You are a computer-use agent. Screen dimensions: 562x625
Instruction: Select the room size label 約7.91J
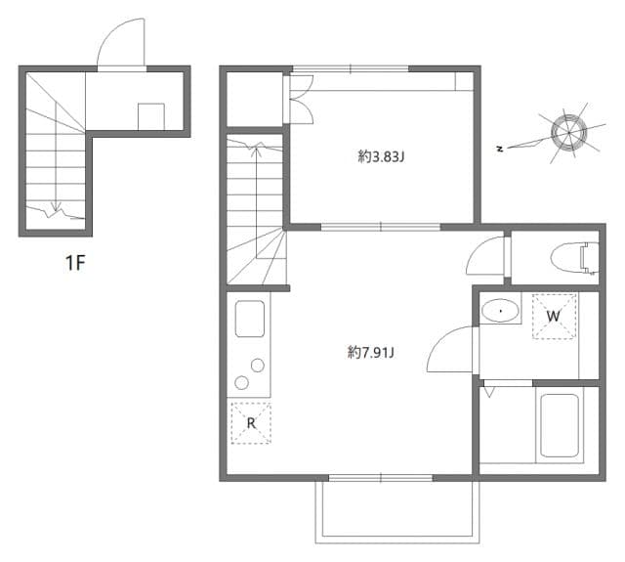pyautogui.click(x=370, y=352)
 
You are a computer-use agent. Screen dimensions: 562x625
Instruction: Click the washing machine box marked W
pyautogui.click(x=553, y=316)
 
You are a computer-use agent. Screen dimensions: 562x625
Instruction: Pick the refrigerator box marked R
pyautogui.click(x=251, y=422)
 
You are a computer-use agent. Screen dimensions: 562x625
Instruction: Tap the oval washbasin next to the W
pyautogui.click(x=501, y=311)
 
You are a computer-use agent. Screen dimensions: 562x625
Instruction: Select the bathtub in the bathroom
pyautogui.click(x=561, y=425)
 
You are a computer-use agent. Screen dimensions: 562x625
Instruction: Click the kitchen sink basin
pyautogui.click(x=250, y=319)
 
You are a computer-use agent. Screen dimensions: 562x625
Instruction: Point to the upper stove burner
pyautogui.click(x=258, y=366)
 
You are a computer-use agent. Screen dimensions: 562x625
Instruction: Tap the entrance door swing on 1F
pyautogui.click(x=123, y=44)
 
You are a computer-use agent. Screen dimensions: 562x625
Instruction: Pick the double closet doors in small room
pyautogui.click(x=299, y=99)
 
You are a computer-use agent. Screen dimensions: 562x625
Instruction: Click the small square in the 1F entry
pyautogui.click(x=150, y=115)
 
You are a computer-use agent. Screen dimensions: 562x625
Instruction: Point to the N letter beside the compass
pyautogui.click(x=499, y=149)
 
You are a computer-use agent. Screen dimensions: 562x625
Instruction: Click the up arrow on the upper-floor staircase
pyautogui.click(x=257, y=149)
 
